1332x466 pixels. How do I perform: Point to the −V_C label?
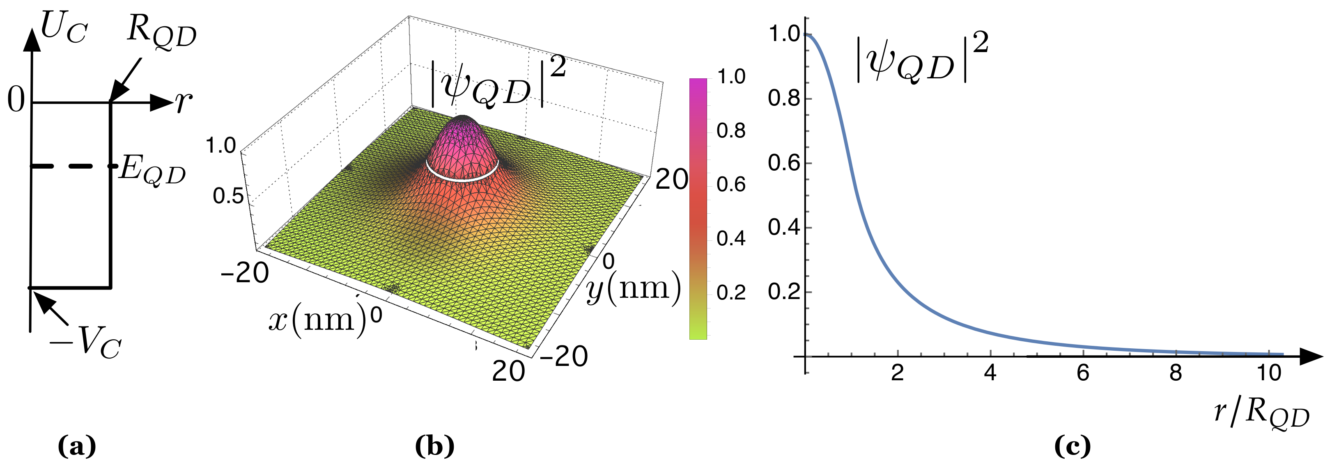click(85, 343)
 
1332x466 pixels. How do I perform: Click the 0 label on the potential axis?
click(16, 100)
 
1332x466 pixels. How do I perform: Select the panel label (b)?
click(434, 446)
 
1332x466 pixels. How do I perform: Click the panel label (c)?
click(1072, 446)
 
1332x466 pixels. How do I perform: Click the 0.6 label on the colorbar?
click(730, 185)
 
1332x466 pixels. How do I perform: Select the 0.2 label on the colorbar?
click(730, 293)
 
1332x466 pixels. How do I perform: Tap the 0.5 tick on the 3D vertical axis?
click(227, 196)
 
